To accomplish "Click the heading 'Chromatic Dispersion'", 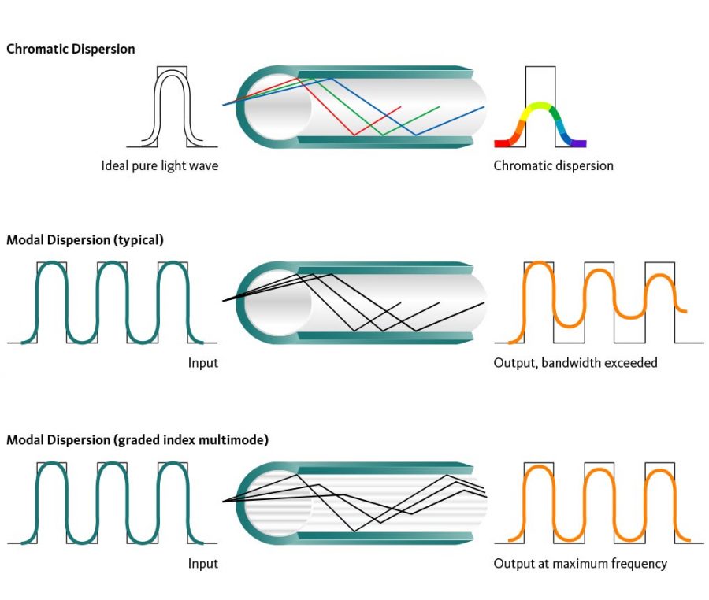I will pyautogui.click(x=70, y=49).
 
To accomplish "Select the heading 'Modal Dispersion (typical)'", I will pyautogui.click(x=84, y=239).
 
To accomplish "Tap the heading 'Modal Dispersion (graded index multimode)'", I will pyautogui.click(x=137, y=440).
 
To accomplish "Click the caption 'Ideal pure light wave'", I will pyautogui.click(x=159, y=165).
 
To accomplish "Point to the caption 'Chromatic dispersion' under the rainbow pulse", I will pyautogui.click(x=553, y=165).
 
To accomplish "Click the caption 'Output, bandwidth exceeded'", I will pyautogui.click(x=575, y=363).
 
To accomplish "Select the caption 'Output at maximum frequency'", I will pyautogui.click(x=580, y=564).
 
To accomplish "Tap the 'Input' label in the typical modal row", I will pyautogui.click(x=202, y=363).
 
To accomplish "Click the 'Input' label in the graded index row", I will pyautogui.click(x=202, y=564).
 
